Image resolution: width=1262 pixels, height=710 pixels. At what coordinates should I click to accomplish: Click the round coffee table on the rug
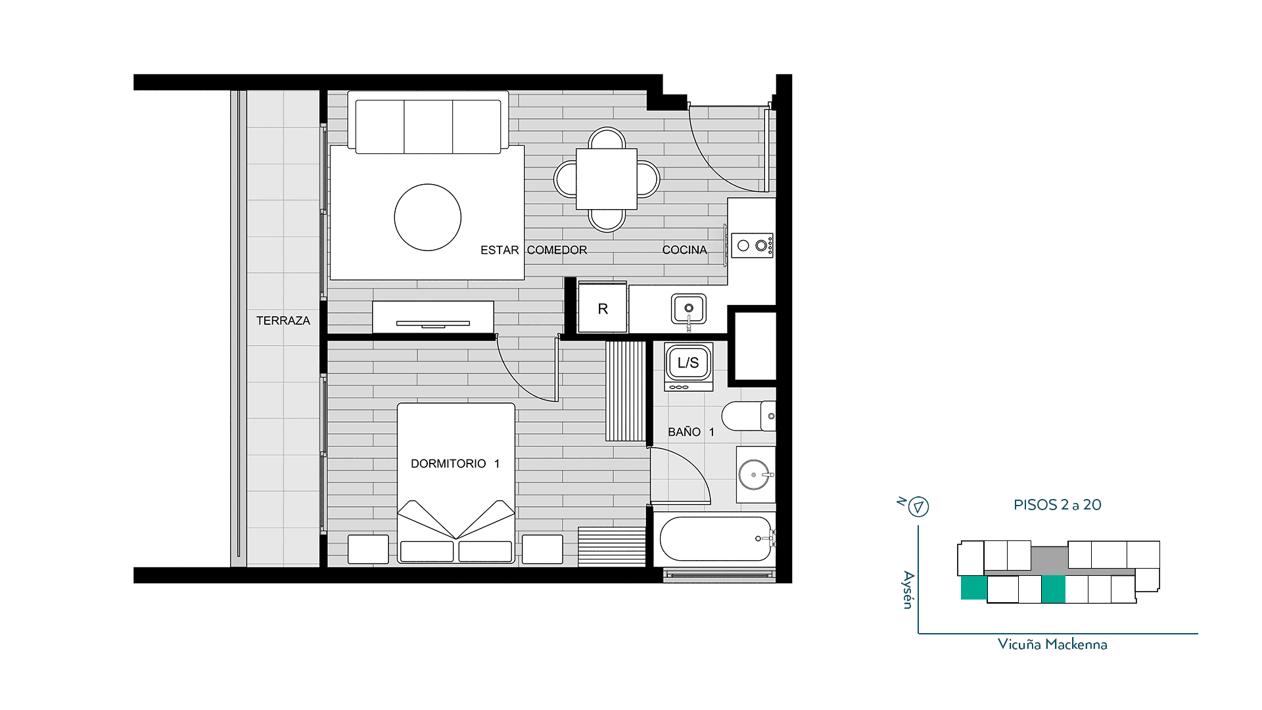(428, 217)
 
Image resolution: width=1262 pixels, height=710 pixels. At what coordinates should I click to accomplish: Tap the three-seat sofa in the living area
(428, 123)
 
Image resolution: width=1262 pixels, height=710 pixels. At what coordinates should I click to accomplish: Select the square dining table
(607, 179)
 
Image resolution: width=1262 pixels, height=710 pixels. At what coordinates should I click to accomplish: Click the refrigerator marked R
(602, 308)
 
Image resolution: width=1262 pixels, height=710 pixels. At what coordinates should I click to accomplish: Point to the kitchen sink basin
(689, 308)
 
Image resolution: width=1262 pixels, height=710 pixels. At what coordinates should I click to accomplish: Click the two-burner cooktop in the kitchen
(753, 245)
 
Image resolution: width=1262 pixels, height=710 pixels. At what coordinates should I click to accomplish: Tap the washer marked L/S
(688, 366)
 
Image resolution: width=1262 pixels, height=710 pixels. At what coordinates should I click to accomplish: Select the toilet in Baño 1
(749, 415)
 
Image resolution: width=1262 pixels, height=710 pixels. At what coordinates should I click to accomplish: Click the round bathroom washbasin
(754, 475)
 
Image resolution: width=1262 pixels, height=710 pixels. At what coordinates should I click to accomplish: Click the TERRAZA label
(283, 321)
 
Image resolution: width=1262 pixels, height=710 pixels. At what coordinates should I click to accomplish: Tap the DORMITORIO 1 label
(456, 463)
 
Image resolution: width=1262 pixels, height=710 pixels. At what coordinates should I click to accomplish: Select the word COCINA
(685, 250)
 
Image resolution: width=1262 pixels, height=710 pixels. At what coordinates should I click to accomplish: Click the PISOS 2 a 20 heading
(1058, 505)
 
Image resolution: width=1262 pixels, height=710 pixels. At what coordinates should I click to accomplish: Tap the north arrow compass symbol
(918, 507)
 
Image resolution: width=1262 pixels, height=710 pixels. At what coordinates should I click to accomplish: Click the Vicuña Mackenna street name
(1052, 644)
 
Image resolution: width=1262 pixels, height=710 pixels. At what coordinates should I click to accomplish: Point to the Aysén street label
(908, 590)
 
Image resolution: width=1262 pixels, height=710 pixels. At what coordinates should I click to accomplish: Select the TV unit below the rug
(433, 317)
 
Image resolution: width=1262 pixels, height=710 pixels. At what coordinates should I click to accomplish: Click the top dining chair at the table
(607, 138)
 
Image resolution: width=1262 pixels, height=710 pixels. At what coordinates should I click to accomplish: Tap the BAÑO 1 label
(691, 432)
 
